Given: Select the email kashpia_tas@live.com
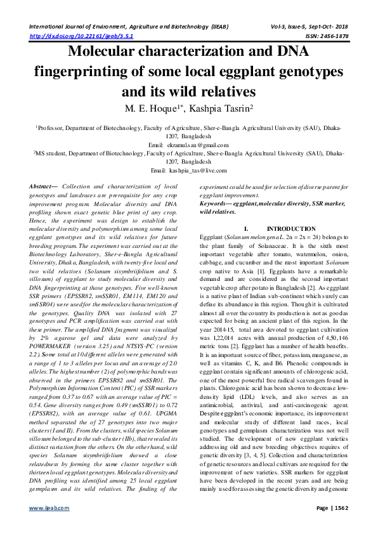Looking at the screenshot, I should point(199,171).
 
